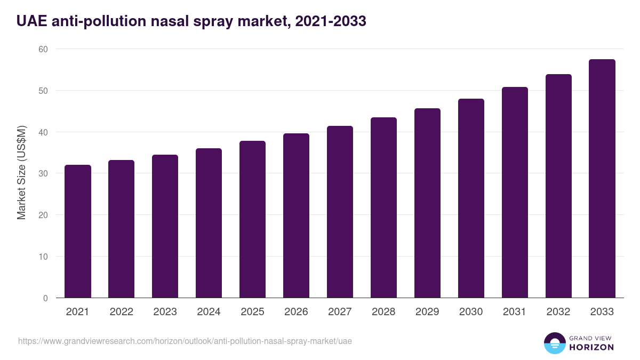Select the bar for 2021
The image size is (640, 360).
tap(78, 231)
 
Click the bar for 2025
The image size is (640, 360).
tap(252, 219)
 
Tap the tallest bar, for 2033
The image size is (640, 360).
tap(602, 179)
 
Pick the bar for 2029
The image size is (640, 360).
tap(427, 203)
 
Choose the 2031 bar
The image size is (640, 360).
tap(515, 193)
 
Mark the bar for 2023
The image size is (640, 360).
tap(165, 226)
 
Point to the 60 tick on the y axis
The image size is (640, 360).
tap(43, 49)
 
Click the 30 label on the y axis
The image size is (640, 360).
tap(43, 173)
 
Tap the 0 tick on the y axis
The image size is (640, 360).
tap(45, 298)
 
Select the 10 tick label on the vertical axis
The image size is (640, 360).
tap(43, 257)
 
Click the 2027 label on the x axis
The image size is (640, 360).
tap(340, 312)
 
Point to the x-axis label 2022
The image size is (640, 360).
tap(121, 312)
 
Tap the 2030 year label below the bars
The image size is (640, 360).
tap(471, 312)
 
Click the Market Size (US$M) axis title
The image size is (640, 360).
tap(21, 173)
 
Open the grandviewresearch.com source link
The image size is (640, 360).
tap(185, 341)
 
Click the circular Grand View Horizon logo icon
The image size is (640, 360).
tap(555, 343)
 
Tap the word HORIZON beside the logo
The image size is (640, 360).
tap(592, 347)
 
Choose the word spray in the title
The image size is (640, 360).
tap(219, 21)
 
